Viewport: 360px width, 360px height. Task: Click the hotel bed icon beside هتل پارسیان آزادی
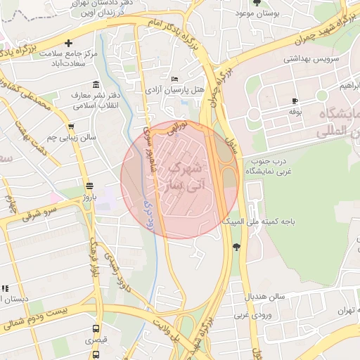[174, 79]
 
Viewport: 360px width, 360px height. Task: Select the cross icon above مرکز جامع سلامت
[68, 43]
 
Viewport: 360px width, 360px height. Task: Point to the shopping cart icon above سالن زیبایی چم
[71, 127]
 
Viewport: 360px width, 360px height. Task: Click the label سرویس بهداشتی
[309, 59]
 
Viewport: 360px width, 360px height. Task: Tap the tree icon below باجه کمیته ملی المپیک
[236, 246]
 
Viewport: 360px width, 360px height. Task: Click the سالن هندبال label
[266, 297]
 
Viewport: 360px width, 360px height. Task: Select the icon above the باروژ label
[89, 186]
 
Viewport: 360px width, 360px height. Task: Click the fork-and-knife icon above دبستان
[5, 288]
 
